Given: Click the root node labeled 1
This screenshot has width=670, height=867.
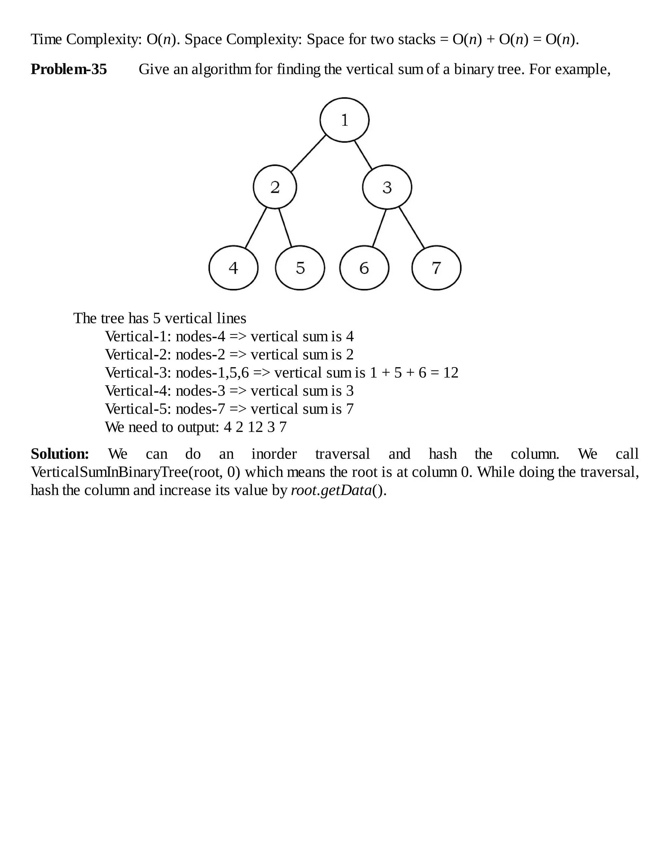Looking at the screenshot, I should click(344, 120).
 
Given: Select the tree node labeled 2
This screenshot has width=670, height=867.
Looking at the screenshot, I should click(275, 187).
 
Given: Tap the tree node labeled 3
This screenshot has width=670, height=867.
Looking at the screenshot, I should click(387, 187).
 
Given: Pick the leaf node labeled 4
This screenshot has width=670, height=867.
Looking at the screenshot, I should click(233, 268).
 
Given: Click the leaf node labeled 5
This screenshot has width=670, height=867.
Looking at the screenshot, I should click(300, 268).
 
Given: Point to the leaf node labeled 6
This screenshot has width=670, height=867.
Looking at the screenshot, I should click(364, 268).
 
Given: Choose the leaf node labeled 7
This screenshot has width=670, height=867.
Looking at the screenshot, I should click(436, 268).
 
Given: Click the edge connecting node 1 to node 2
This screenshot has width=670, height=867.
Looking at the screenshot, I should click(309, 154).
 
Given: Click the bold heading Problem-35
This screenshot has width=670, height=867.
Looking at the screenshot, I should click(69, 69).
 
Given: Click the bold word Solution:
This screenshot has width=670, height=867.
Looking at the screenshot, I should click(60, 454).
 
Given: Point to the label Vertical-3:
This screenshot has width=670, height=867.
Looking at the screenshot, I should click(138, 373).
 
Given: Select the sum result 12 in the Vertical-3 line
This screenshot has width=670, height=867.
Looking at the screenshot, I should click(450, 373).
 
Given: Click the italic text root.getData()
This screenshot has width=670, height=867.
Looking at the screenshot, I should click(339, 491).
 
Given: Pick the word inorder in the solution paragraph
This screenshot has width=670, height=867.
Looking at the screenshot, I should click(274, 454).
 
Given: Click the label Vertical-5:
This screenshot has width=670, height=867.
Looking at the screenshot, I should click(138, 409).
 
